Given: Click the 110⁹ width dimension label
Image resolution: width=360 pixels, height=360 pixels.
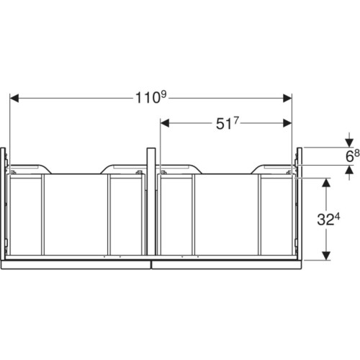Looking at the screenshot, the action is pyautogui.click(x=150, y=97).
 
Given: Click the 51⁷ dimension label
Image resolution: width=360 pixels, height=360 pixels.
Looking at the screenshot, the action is pyautogui.click(x=228, y=123).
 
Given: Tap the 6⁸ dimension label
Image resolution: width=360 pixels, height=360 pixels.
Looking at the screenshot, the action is pyautogui.click(x=352, y=156).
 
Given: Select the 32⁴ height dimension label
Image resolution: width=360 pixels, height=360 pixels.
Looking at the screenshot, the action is pyautogui.click(x=328, y=220).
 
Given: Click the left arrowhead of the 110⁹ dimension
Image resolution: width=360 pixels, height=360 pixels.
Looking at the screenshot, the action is pyautogui.click(x=14, y=98).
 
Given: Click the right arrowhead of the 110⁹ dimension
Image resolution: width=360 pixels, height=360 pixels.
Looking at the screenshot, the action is pyautogui.click(x=287, y=98).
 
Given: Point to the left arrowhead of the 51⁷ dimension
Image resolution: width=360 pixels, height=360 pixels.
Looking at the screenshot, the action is pyautogui.click(x=165, y=123).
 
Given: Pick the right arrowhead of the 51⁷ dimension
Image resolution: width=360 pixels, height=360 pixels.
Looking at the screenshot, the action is pyautogui.click(x=287, y=123).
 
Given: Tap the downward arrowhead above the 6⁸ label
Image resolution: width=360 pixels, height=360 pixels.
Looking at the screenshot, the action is pyautogui.click(x=349, y=143).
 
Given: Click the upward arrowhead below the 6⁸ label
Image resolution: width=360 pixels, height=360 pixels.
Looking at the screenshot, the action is pyautogui.click(x=349, y=170).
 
